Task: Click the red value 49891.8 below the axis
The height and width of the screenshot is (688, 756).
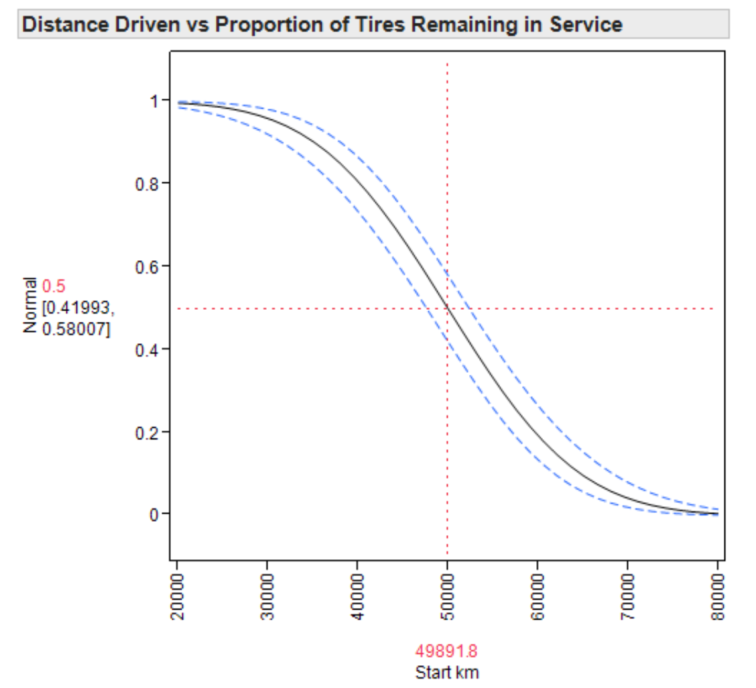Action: pyautogui.click(x=446, y=650)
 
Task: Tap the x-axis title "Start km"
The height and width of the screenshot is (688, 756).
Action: pyautogui.click(x=447, y=672)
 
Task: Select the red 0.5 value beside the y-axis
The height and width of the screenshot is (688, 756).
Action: pyautogui.click(x=54, y=287)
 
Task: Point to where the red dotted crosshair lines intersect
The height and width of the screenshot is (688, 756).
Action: pyautogui.click(x=447, y=308)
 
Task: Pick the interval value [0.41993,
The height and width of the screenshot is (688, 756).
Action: pyautogui.click(x=78, y=308)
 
